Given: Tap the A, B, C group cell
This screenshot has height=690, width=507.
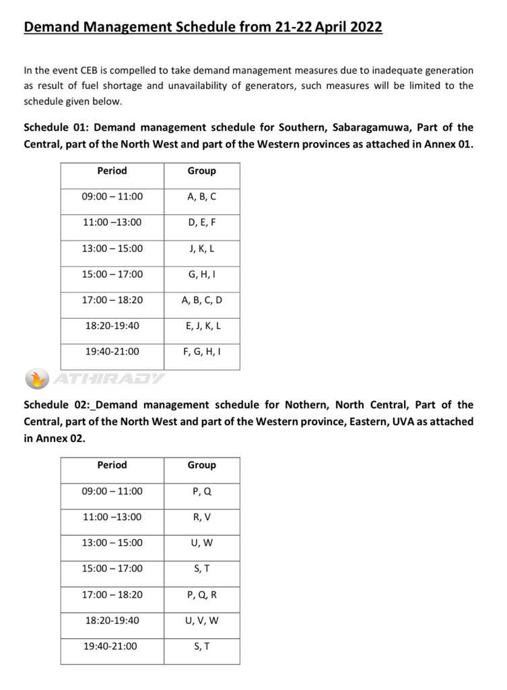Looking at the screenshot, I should [201, 197].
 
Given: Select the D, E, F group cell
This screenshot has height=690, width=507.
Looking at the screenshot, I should [201, 222].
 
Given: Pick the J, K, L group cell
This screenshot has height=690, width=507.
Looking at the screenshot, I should [201, 249].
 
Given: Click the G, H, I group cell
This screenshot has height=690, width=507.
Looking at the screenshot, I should [201, 274].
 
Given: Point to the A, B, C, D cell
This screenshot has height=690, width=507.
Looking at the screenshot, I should [201, 300].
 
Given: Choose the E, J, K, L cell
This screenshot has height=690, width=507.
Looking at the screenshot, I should [201, 325].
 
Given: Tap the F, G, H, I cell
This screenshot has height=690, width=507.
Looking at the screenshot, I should [201, 351].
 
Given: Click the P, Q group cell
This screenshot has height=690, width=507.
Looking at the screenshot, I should [201, 491].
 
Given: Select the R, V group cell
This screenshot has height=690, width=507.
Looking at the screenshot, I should [201, 517].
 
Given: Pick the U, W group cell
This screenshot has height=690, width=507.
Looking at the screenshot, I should [201, 542].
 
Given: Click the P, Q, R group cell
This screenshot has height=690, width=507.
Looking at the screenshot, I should [201, 595].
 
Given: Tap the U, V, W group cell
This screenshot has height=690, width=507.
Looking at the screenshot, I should [201, 621].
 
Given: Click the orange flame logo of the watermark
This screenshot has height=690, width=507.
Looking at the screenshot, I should [37, 379].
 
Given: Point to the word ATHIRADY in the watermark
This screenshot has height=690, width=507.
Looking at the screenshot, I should [108, 379].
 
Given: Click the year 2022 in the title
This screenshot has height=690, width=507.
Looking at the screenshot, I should [362, 28].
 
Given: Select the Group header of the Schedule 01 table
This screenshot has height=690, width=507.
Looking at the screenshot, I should [201, 171].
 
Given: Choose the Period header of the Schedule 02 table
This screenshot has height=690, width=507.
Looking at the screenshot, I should [112, 465].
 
